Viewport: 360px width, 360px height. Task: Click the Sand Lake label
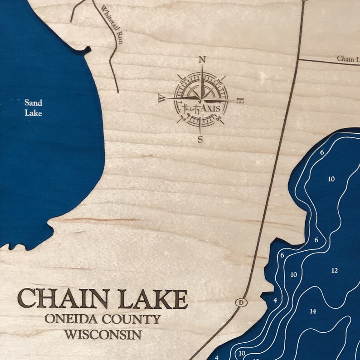tap(33, 108)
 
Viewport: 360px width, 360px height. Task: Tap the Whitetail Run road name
tap(112, 21)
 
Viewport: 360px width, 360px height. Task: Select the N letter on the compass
tap(202, 60)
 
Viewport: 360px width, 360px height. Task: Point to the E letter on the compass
tap(240, 101)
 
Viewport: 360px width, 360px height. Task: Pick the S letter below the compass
tap(200, 139)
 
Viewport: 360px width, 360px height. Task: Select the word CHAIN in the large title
tap(56, 299)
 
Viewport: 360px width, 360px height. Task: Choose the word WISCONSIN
tap(102, 335)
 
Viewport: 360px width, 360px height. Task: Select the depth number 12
tap(335, 271)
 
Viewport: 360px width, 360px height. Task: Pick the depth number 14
tap(313, 311)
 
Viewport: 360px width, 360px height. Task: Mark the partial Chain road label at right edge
tap(347, 59)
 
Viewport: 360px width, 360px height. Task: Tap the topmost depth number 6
tap(322, 152)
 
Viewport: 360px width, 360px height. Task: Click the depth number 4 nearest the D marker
tap(275, 300)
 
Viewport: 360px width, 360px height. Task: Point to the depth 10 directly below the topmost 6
tap(331, 179)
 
